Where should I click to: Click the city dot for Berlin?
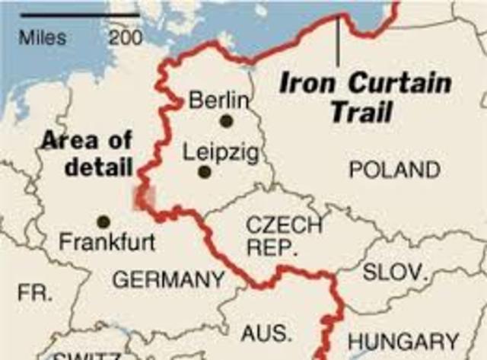(226, 120)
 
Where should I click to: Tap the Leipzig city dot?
(204, 172)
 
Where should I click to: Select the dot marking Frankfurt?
(103, 221)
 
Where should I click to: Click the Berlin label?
(218, 100)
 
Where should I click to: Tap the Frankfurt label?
(107, 243)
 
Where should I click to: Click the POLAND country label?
(394, 170)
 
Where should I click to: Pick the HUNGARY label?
(403, 342)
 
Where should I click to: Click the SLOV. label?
(395, 272)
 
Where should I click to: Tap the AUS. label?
(266, 333)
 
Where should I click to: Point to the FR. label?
(35, 292)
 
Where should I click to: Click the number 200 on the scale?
(124, 37)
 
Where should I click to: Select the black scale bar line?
(76, 14)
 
